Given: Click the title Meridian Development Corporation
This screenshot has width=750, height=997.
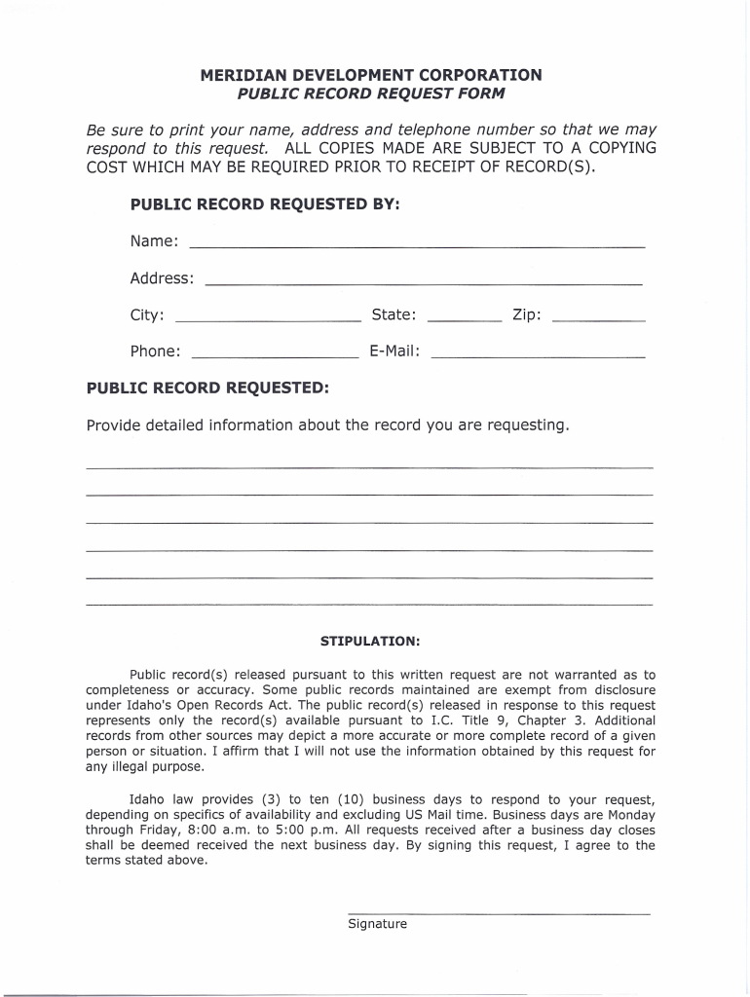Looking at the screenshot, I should coord(371,75).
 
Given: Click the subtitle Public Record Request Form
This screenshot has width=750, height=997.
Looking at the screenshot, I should coord(371,93).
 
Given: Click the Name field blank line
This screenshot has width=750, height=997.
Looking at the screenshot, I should coord(416,245).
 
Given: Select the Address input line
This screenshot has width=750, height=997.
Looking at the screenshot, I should coord(423,282).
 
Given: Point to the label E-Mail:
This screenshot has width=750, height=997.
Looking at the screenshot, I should coord(394,351).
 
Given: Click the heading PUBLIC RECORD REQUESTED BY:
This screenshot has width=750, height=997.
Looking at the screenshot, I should coord(265,205).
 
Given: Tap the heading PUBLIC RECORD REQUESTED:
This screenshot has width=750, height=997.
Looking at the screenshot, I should coord(207,388).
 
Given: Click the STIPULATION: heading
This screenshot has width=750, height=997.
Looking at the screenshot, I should coord(370,642).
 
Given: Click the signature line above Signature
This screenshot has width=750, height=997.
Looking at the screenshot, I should coord(498,913).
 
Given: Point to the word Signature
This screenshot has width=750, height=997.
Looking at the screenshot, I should coord(377,924).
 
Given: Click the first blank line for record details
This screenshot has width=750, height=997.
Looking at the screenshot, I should coord(369,468).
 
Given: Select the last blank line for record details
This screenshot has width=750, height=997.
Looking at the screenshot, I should coord(369,605).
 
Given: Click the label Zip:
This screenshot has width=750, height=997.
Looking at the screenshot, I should coord(527,314).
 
